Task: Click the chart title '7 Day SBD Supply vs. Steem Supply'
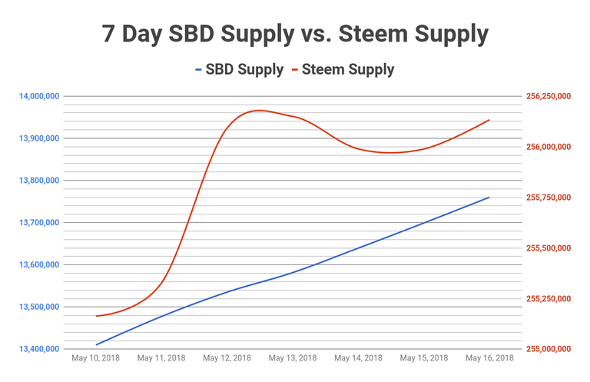pos(295,35)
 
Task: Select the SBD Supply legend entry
pos(236,69)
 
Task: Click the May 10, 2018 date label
pos(96,358)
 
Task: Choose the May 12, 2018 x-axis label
pos(227,358)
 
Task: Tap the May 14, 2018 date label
pos(358,358)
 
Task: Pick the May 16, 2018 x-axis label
pos(489,358)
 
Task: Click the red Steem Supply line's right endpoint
pos(489,120)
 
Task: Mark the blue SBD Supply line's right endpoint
pos(489,198)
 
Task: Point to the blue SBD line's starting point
pos(97,344)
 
